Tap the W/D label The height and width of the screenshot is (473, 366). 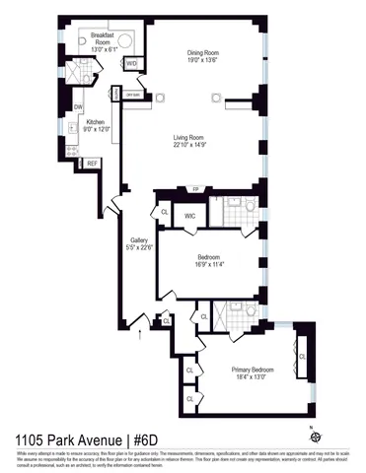click(x=132, y=63)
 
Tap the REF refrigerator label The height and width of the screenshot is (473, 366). click(x=92, y=163)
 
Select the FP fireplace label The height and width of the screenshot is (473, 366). click(x=195, y=188)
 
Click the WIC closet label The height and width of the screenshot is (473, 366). click(x=190, y=215)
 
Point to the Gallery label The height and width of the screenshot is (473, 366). click(x=139, y=239)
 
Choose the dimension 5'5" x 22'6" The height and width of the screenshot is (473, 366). click(x=139, y=247)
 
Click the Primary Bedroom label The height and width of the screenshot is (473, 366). click(x=254, y=369)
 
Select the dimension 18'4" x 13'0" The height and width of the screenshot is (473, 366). click(x=254, y=376)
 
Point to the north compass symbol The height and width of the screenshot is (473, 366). click(x=315, y=435)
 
